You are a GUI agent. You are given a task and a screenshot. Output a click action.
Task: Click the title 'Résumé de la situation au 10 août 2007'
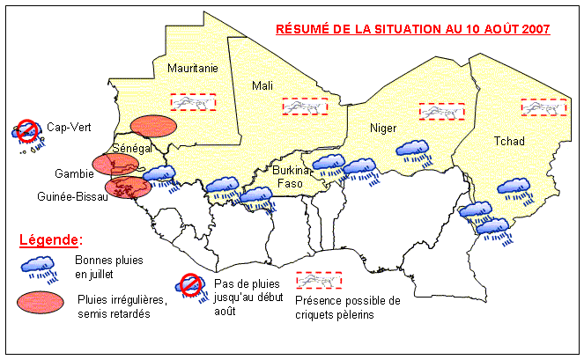413,28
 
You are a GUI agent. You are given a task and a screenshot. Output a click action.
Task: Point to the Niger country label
383,129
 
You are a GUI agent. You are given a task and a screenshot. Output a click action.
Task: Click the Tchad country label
508,141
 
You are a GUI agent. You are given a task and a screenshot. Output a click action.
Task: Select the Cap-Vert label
64,126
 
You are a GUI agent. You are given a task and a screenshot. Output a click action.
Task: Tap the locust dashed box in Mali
304,106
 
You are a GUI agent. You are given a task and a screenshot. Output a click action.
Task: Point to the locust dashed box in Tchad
543,107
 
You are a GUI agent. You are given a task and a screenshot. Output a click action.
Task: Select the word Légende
51,239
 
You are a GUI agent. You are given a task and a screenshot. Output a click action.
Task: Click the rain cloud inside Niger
412,152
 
